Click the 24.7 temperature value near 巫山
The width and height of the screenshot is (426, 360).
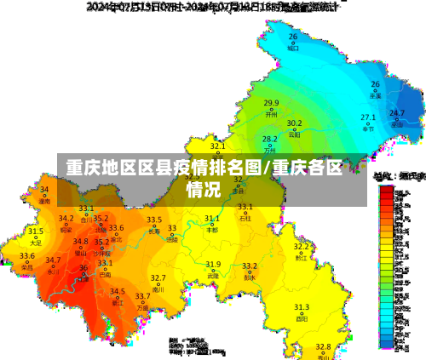tap(397, 112)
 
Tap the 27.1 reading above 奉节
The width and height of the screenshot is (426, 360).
tap(368, 117)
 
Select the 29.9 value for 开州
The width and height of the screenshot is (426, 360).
tap(271, 103)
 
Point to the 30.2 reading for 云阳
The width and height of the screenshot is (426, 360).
tap(294, 123)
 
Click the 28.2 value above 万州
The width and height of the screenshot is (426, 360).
tap(269, 139)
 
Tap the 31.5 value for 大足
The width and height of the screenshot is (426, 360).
tap(35, 231)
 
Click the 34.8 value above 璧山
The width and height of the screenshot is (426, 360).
tap(80, 242)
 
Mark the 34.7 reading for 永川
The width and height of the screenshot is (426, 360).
tap(53, 260)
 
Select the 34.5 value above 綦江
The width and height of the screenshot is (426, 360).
tap(118, 291)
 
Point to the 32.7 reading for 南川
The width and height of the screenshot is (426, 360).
tap(158, 278)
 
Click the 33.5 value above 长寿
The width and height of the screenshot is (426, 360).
tap(154, 220)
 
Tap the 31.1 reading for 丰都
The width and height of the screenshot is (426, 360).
tap(212, 218)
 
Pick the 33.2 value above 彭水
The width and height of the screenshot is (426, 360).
tap(250, 266)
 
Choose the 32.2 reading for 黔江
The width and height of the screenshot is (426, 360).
tap(302, 246)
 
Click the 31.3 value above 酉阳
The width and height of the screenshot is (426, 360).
tap(302, 306)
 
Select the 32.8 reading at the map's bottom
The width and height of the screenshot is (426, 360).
tap(323, 346)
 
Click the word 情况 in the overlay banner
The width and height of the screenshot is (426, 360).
tap(204, 188)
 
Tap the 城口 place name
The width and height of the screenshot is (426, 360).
tap(293, 49)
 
